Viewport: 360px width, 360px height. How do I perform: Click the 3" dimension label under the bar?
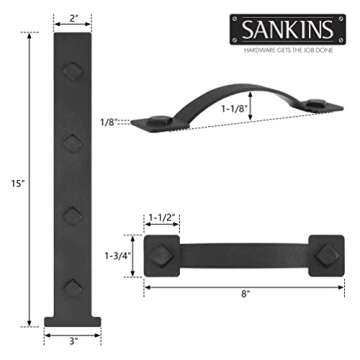coord(75,341)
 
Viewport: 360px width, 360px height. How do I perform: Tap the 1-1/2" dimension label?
coord(161,217)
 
